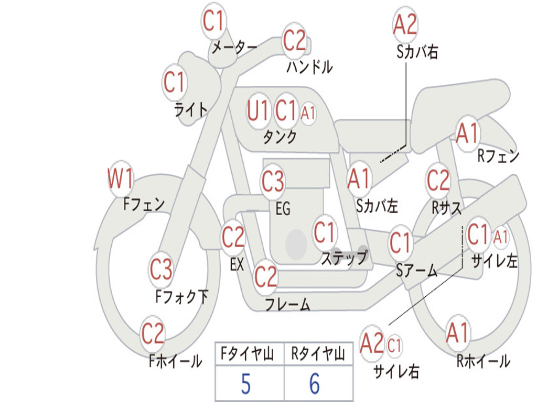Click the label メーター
click(234, 47)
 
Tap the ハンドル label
click(309, 66)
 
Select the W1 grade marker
click(120, 178)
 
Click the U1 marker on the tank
click(257, 110)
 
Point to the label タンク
click(280, 137)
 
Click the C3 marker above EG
click(273, 181)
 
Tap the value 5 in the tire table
click(245, 384)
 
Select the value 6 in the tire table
click(315, 384)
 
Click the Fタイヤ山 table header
click(248, 354)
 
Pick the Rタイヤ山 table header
click(318, 354)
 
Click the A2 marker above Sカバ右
click(405, 24)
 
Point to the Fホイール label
click(175, 361)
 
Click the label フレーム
click(288, 304)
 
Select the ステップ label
click(344, 258)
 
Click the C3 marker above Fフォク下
click(160, 269)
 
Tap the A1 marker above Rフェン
click(467, 133)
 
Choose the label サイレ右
click(396, 371)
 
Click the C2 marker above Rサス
click(438, 180)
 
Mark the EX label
click(237, 264)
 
